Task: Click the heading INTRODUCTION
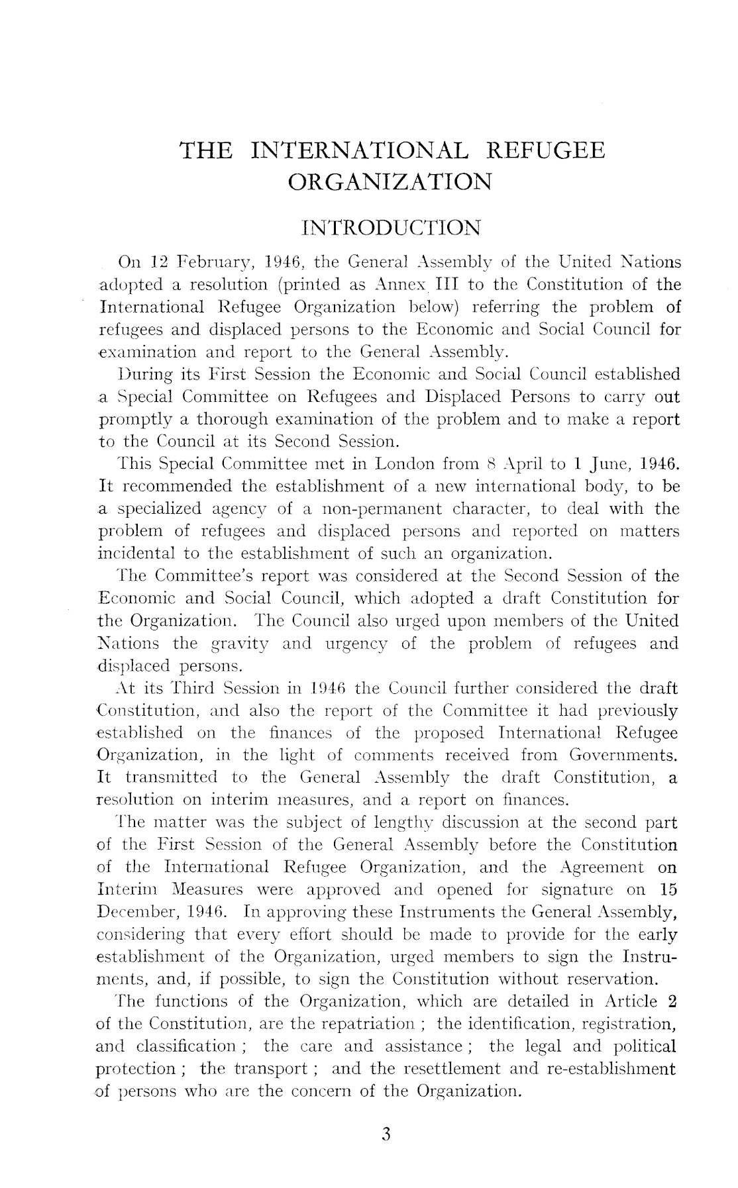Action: tap(390, 228)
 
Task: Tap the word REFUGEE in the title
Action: tap(545, 150)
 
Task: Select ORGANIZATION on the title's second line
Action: tap(391, 181)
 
